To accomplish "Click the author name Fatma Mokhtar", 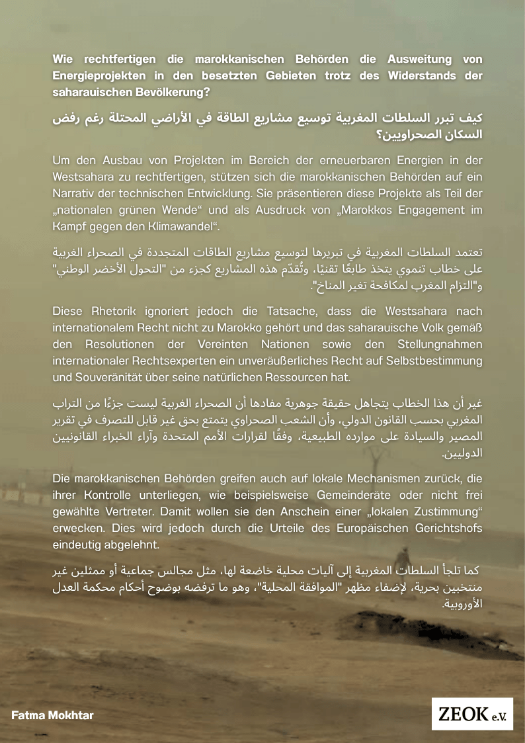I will (43, 715).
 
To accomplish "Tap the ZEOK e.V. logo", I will (472, 714).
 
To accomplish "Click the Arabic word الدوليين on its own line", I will (464, 453).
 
